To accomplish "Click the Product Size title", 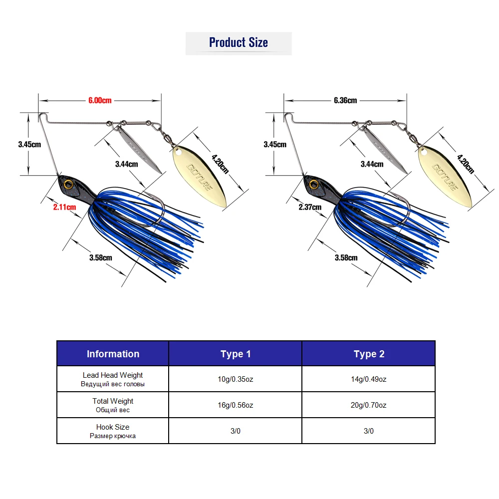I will click(x=239, y=43).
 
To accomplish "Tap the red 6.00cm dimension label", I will click(x=100, y=100).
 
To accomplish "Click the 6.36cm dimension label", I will click(x=345, y=100).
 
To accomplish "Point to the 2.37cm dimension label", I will click(x=310, y=206).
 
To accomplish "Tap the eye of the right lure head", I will click(x=314, y=184).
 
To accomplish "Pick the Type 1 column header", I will click(x=236, y=354).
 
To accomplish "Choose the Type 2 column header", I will click(x=369, y=354).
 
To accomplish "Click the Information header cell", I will click(x=113, y=354).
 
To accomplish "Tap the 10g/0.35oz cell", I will click(x=236, y=379).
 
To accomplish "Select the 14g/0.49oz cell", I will click(x=369, y=379).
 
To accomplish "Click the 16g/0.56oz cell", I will click(x=236, y=405).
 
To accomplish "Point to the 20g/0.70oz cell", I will click(x=369, y=405).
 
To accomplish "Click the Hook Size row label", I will click(x=113, y=427).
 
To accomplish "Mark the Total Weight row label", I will click(x=113, y=401).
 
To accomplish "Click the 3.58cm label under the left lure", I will click(x=101, y=257).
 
